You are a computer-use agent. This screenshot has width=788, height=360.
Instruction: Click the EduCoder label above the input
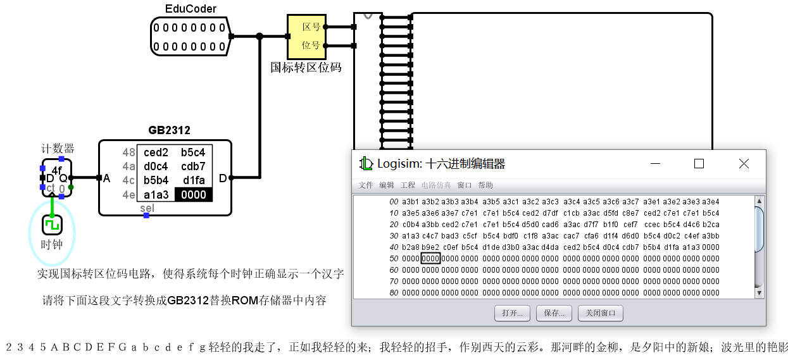191,9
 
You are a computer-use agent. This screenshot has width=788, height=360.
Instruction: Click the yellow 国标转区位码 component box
306,37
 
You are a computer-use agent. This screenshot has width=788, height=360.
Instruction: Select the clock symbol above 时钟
52,225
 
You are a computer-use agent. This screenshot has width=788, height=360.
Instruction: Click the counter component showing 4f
57,178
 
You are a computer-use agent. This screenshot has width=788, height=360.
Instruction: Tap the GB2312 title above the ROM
169,130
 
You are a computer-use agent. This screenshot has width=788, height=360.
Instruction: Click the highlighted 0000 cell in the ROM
193,195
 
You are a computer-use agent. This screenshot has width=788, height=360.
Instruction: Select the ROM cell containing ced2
156,152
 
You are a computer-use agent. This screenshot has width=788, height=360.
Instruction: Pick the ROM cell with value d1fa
193,180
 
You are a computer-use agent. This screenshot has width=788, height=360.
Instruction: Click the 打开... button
513,313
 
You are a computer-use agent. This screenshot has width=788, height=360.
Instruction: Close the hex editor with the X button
744,164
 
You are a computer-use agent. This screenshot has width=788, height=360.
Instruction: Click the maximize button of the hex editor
699,164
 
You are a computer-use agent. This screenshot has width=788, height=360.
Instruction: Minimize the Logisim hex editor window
654,164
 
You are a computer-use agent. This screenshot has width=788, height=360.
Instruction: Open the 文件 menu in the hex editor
366,185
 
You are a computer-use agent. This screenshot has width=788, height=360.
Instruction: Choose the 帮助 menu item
485,185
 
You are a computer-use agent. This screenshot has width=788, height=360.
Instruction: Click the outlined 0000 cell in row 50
430,258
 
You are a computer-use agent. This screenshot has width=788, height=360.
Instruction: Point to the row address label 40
394,247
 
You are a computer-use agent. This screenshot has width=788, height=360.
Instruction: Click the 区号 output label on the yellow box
311,27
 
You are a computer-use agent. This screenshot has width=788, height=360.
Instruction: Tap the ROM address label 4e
128,195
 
